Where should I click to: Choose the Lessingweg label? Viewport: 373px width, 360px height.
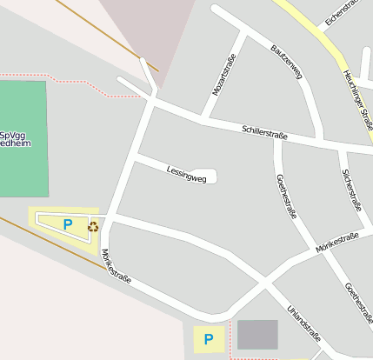pos(186,172)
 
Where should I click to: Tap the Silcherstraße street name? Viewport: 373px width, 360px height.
pos(351,190)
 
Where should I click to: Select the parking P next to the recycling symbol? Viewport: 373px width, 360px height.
pos(68,224)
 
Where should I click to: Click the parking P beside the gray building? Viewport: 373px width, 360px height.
pos(208,339)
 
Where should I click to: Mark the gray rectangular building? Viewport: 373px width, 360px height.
pos(257,335)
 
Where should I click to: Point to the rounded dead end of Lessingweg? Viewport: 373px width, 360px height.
pos(207,176)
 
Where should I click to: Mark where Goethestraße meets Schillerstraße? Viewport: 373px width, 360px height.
pos(277,137)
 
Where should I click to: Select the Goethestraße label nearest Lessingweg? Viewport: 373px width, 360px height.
pos(286,197)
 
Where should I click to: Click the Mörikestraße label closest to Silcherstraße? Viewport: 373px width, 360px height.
pos(338,244)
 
